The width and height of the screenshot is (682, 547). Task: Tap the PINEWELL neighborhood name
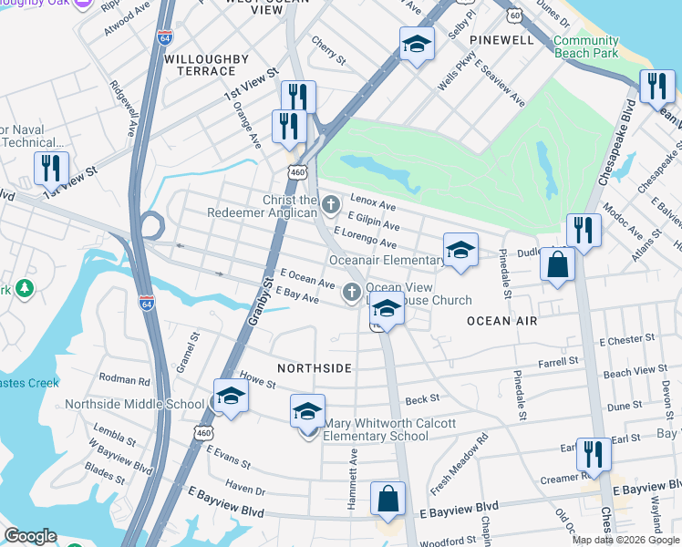501,40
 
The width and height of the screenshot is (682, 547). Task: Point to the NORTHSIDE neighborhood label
315,366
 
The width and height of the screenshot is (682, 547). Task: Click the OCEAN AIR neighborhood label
501,321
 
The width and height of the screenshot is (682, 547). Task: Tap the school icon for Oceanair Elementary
460,249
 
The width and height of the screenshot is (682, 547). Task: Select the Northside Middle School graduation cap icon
231,397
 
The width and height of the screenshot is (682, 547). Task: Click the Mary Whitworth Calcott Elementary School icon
308,411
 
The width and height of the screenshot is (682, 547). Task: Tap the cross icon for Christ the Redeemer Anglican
330,202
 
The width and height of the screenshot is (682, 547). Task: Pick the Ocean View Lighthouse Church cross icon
352,293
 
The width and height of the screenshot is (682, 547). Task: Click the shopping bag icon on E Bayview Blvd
388,500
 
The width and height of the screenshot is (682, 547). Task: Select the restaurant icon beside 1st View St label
51,169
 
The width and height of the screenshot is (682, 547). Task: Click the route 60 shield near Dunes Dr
515,15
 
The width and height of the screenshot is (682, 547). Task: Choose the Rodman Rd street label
124,380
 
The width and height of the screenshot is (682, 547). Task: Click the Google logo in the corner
30,536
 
